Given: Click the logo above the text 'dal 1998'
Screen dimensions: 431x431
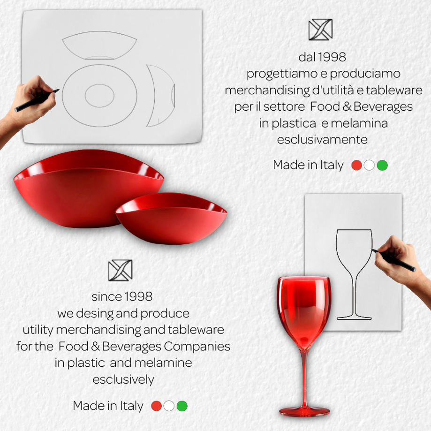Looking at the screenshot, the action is (320, 30).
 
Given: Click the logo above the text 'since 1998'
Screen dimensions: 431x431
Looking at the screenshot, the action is (121, 270).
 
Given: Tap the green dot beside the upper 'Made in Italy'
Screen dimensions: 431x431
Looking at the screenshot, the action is (382, 165).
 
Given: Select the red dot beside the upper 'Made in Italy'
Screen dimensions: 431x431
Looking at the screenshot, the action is (357, 165).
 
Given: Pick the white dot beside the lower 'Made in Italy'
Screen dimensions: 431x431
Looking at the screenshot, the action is (169, 406).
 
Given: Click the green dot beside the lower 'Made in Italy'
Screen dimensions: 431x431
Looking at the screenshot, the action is (182, 406).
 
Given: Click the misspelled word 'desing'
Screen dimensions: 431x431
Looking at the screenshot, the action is (94, 314).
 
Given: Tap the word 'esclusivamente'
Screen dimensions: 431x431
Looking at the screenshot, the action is (322, 140).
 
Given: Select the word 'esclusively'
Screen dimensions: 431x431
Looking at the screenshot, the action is (123, 379).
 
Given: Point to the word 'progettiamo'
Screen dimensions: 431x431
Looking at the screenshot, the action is (287, 74).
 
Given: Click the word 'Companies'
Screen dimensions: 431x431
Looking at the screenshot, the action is (197, 346).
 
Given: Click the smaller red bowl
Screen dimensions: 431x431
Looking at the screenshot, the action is (171, 218).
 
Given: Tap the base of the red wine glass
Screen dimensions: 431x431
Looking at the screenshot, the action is (304, 411).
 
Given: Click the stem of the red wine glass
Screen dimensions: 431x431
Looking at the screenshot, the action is (304, 378).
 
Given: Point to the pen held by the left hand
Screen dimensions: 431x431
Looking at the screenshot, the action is (37, 100).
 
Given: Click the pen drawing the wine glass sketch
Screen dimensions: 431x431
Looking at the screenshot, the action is (393, 260).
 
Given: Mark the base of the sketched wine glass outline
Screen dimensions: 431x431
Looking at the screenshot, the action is (354, 318).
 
